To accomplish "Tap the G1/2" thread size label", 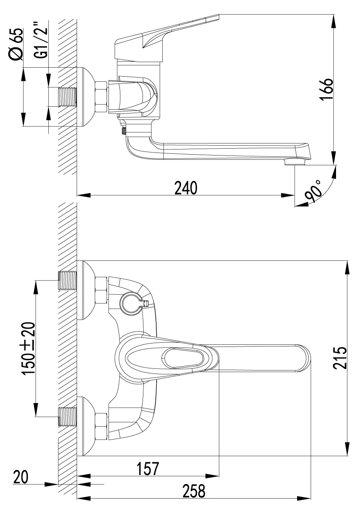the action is (42, 39).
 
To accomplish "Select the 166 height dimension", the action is (326, 90).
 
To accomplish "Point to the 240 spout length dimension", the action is (186, 188).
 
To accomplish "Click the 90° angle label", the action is (313, 191).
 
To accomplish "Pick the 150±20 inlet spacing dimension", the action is (29, 348).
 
